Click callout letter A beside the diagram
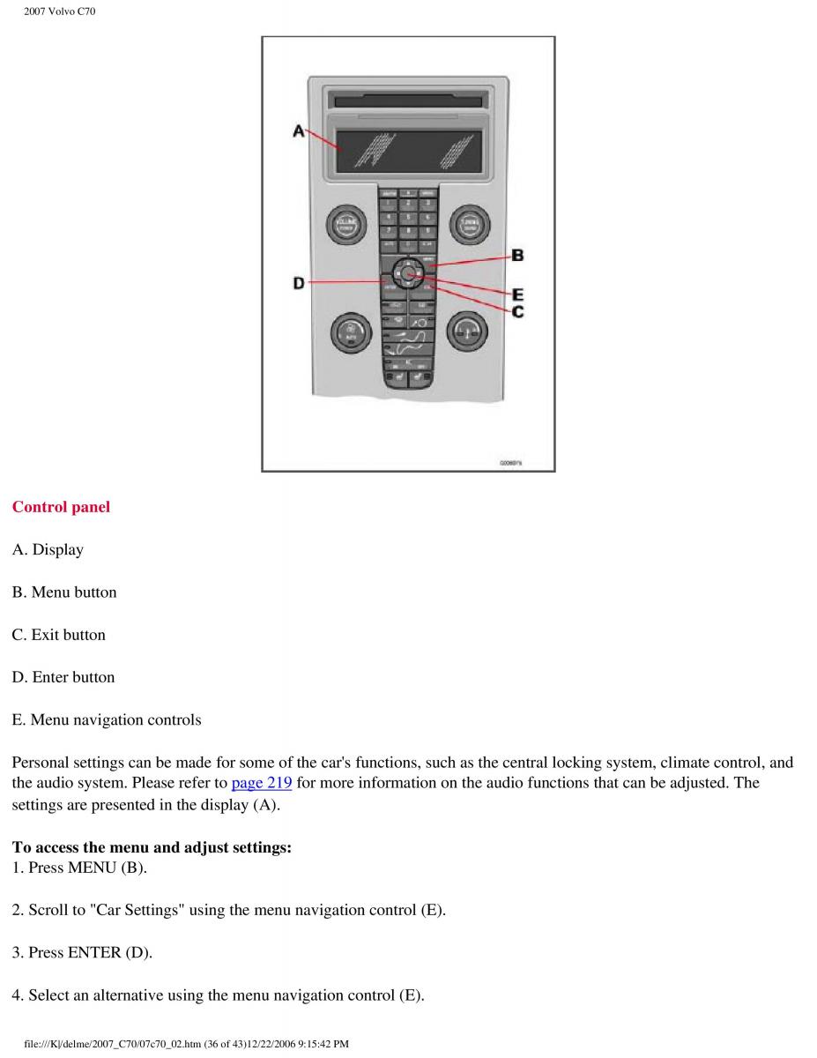click(x=299, y=131)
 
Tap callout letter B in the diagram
click(x=518, y=256)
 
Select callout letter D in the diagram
click(x=299, y=283)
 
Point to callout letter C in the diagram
click(x=518, y=311)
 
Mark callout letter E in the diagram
click(x=518, y=294)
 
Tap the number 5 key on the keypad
click(x=408, y=217)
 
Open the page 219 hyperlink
click(x=261, y=783)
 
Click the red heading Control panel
click(x=61, y=507)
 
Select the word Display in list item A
click(x=58, y=550)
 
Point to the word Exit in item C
click(x=45, y=635)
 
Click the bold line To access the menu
click(x=152, y=847)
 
